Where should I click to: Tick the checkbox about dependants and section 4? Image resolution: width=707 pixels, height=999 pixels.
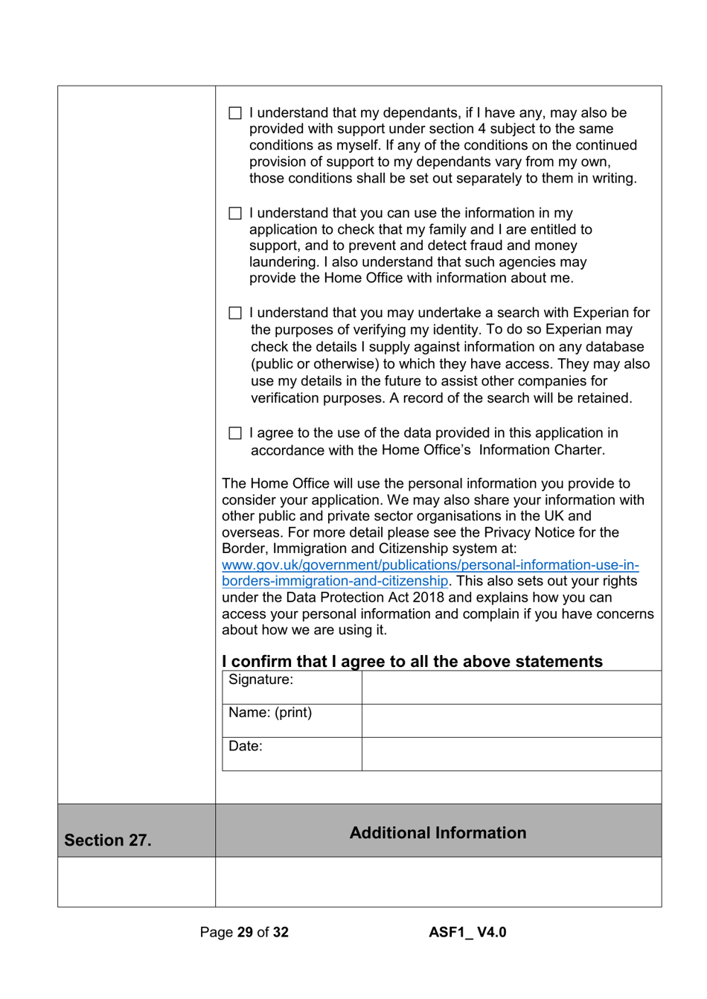pyautogui.click(x=235, y=113)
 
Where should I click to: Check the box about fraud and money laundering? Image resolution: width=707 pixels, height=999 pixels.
pyautogui.click(x=235, y=214)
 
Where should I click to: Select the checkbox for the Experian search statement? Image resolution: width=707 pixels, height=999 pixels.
pyautogui.click(x=235, y=313)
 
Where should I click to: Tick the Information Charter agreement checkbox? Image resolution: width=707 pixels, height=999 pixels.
pyautogui.click(x=235, y=433)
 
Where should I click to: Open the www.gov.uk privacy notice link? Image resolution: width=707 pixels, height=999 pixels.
pyautogui.click(x=430, y=566)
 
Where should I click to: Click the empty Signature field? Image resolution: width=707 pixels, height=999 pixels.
pyautogui.click(x=511, y=687)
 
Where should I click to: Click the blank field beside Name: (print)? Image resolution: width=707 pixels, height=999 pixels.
pyautogui.click(x=511, y=721)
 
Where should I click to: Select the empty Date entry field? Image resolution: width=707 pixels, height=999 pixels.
pyautogui.click(x=511, y=754)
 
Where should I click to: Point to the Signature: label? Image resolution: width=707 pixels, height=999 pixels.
pyautogui.click(x=260, y=680)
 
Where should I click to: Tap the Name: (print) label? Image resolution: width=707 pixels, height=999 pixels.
pyautogui.click(x=270, y=713)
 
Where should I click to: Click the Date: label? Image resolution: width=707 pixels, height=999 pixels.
pyautogui.click(x=246, y=747)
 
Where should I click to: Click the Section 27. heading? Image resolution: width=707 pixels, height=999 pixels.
pyautogui.click(x=108, y=840)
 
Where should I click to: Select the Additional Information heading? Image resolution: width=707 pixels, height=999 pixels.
pyautogui.click(x=438, y=833)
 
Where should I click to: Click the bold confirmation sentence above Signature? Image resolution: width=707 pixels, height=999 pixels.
pyautogui.click(x=412, y=662)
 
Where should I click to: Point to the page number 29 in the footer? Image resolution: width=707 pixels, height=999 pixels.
pyautogui.click(x=245, y=933)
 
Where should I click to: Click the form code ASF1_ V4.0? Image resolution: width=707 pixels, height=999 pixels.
pyautogui.click(x=467, y=933)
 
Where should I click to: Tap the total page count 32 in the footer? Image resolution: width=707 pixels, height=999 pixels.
pyautogui.click(x=281, y=933)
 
